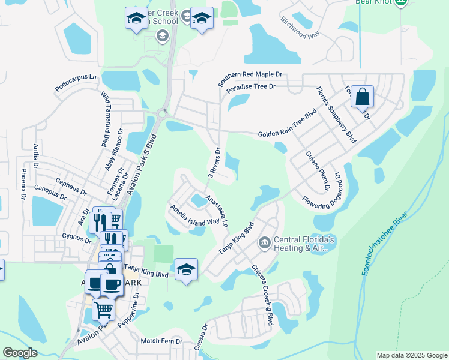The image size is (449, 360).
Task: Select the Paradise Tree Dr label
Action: point(251,87)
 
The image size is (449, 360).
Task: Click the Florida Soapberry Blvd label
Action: point(337,115)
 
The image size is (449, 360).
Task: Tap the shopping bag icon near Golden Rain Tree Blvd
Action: point(363,97)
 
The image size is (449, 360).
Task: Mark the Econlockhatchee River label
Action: point(385,243)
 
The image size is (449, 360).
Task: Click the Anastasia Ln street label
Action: point(217,210)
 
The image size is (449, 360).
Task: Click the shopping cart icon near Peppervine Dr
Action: point(103,310)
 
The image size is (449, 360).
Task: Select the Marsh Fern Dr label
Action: point(160,341)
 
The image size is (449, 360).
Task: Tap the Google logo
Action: point(20,353)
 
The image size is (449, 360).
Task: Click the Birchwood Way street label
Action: point(300,27)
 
